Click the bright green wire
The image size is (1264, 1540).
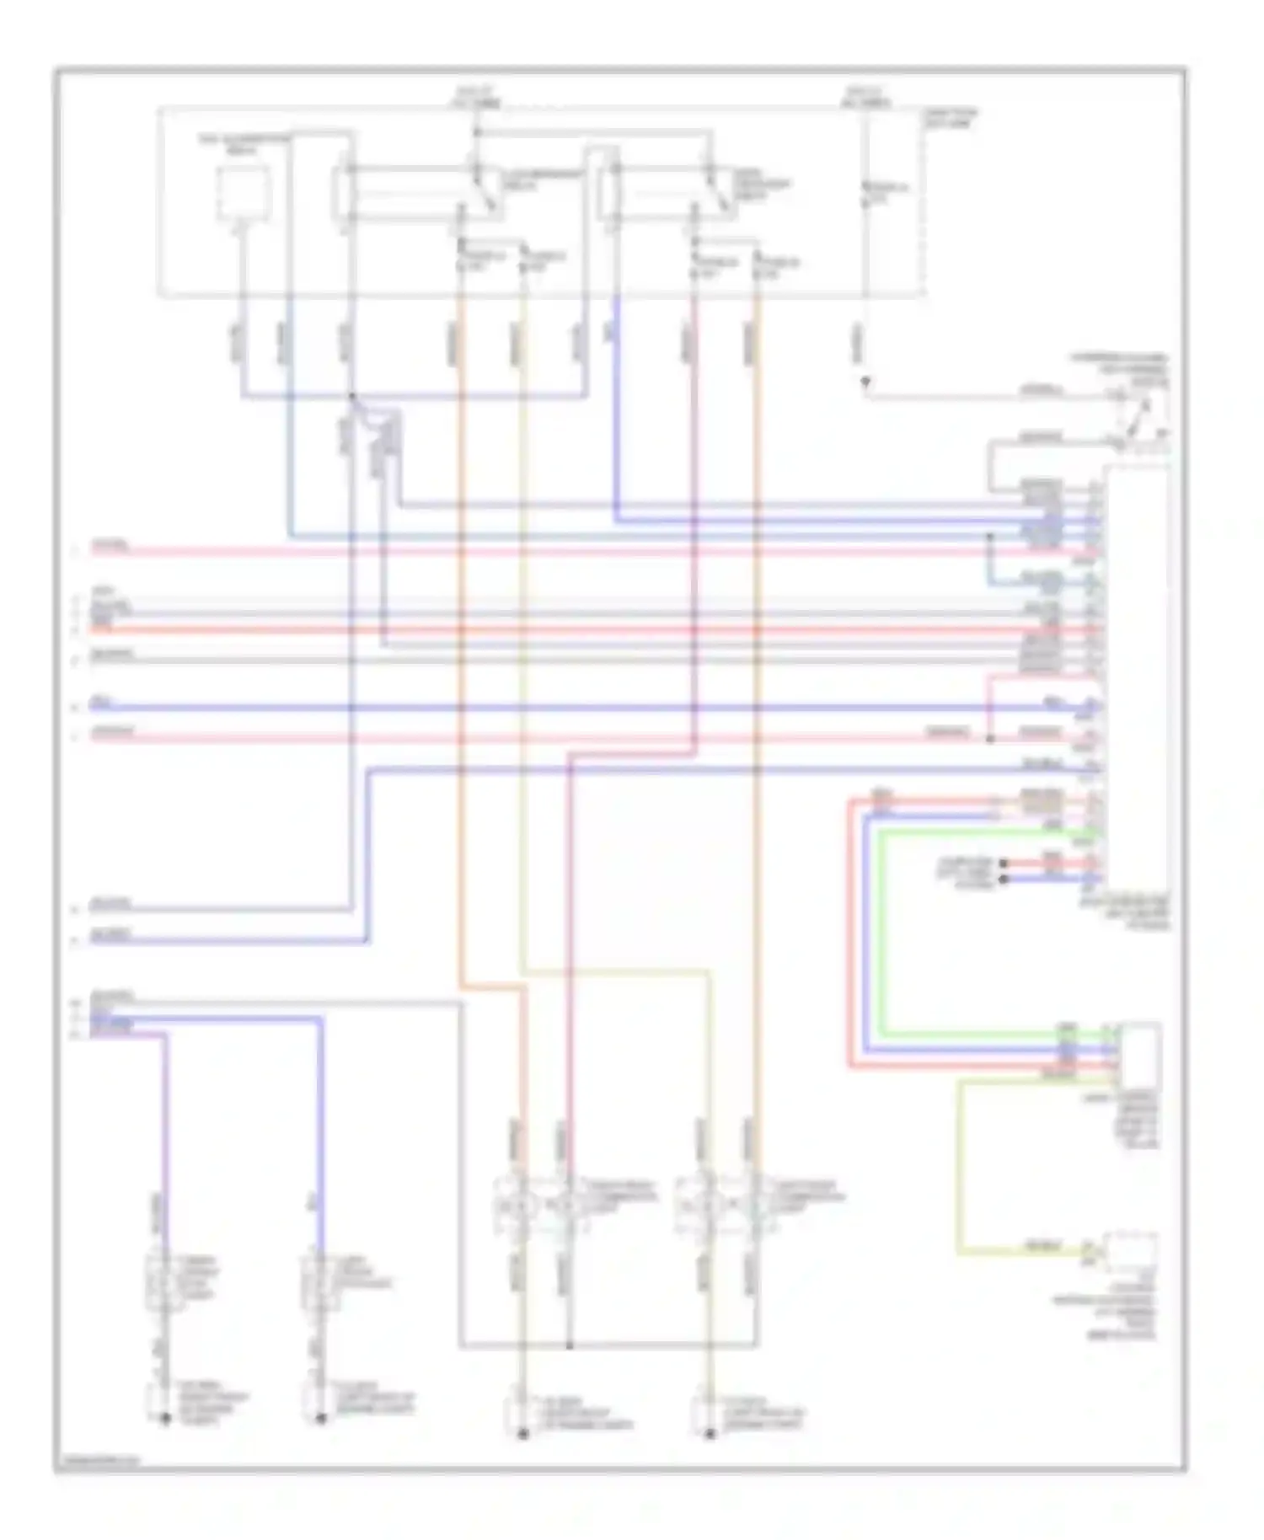pyautogui.click(x=881, y=927)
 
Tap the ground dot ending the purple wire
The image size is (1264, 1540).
pyautogui.click(x=166, y=1420)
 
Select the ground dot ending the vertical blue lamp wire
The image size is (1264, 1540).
pyautogui.click(x=321, y=1420)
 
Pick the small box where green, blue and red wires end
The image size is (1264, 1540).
pyautogui.click(x=1139, y=1055)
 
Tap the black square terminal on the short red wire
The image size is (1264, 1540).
pyautogui.click(x=1004, y=864)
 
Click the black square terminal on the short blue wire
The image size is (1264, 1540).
pyautogui.click(x=1004, y=879)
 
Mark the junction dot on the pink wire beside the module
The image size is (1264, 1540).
pyautogui.click(x=990, y=739)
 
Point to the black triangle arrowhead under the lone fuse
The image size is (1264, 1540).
pyautogui.click(x=865, y=384)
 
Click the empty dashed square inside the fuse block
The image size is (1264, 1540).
pyautogui.click(x=243, y=193)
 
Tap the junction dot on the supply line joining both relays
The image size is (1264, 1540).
pyautogui.click(x=477, y=132)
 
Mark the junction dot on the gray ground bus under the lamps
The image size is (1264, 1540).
pyautogui.click(x=569, y=1345)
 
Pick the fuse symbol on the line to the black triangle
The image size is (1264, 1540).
pyautogui.click(x=865, y=194)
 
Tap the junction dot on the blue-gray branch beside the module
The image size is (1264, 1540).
pyautogui.click(x=991, y=537)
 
